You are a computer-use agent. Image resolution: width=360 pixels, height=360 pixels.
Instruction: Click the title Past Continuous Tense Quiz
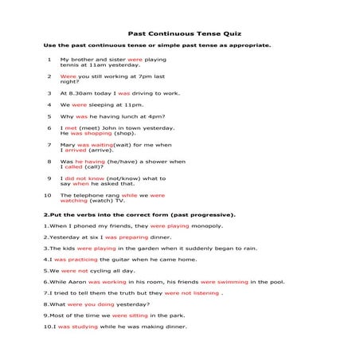179,35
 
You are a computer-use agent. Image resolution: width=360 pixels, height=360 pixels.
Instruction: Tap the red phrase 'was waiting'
95,145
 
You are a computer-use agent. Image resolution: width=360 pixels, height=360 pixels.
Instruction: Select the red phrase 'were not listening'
192,292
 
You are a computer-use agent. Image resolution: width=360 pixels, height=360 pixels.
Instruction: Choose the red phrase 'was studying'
78,326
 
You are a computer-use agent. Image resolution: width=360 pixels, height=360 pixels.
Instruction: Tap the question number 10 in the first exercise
48,195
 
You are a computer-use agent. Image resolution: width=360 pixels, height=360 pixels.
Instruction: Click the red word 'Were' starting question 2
68,76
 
